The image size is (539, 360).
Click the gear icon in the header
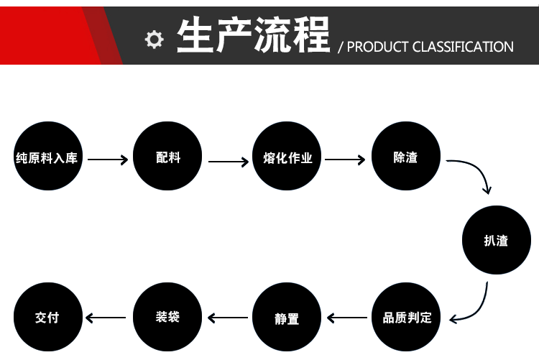pyautogui.click(x=154, y=40)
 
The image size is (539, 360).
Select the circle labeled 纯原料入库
pyautogui.click(x=48, y=156)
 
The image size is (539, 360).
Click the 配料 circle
pyautogui.click(x=167, y=156)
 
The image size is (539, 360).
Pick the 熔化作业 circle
pyautogui.click(x=287, y=156)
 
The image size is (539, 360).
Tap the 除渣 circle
pyautogui.click(x=406, y=156)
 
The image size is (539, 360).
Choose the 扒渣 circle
pyautogui.click(x=497, y=240)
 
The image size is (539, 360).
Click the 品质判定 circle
pyautogui.click(x=406, y=317)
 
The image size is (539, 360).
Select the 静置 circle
pyautogui.click(x=287, y=317)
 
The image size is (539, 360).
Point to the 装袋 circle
pyautogui.click(x=167, y=317)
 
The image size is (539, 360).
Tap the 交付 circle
pyautogui.click(x=48, y=317)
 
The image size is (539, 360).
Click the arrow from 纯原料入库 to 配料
pyautogui.click(x=108, y=160)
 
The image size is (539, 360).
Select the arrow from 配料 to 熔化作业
pyautogui.click(x=229, y=162)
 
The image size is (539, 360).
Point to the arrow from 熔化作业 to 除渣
pyautogui.click(x=345, y=160)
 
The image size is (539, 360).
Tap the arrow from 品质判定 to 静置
pyautogui.click(x=347, y=318)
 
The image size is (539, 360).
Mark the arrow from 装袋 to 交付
pyautogui.click(x=106, y=318)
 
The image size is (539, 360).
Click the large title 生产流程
pyautogui.click(x=254, y=35)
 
